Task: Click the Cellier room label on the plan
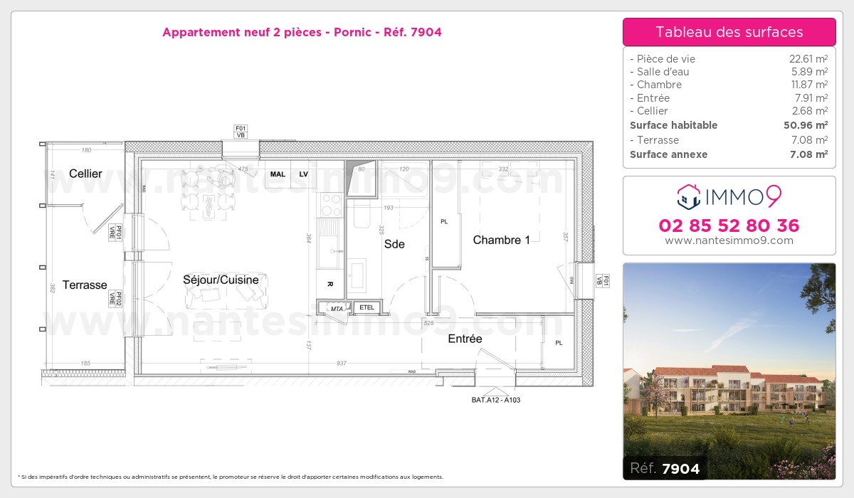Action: point(85,174)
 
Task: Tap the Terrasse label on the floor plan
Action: point(85,285)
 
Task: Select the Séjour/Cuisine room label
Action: point(221,280)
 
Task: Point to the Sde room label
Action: point(394,244)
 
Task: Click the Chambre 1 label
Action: point(501,240)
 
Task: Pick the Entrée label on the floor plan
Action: point(465,339)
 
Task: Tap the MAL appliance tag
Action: point(278,174)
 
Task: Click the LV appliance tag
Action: point(303,174)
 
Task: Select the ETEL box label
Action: point(367,308)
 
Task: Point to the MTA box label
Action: point(337,309)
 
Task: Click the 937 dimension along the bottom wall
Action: point(341,363)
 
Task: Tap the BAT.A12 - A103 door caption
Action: point(496,400)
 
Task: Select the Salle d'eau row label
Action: point(660,72)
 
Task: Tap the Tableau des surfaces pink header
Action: point(729,32)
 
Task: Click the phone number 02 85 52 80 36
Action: point(729,226)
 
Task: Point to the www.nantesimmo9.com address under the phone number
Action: point(729,240)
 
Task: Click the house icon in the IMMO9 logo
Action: point(689,197)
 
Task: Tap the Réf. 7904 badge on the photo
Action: point(665,468)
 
